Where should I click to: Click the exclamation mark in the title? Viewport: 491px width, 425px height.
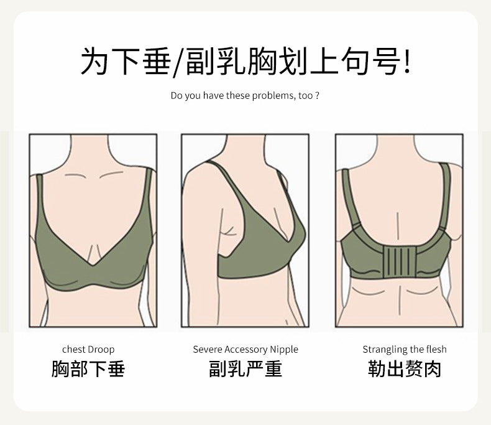point(406,61)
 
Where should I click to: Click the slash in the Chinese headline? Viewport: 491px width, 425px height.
point(179,62)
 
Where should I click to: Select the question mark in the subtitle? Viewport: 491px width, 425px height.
point(317,95)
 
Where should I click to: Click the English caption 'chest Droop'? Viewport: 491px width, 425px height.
point(88,349)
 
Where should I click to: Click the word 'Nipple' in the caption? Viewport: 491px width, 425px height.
point(284,350)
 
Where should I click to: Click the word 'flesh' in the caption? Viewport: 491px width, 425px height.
point(437,349)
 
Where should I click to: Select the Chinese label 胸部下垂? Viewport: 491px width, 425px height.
point(88,369)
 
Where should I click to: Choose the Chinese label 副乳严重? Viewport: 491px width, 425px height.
point(245,369)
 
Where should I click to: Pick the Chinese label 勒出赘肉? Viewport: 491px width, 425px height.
point(405,369)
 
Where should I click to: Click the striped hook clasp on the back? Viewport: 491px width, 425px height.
point(399,262)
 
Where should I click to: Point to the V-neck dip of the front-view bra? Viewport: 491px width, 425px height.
point(93,266)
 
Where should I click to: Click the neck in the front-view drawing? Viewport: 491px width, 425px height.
point(89,151)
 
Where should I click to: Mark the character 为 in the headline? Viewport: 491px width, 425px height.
point(94,61)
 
